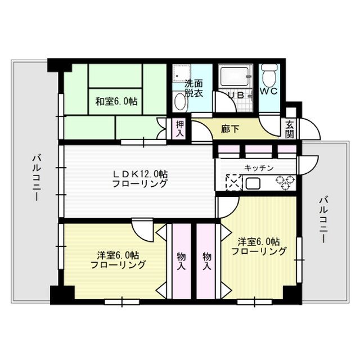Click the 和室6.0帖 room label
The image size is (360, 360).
(116, 102)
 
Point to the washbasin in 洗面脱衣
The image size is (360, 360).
(181, 101)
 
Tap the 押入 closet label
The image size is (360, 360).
(179, 129)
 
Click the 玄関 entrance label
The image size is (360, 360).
(290, 129)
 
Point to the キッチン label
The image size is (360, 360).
(259, 168)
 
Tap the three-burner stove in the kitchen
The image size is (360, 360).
(284, 182)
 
